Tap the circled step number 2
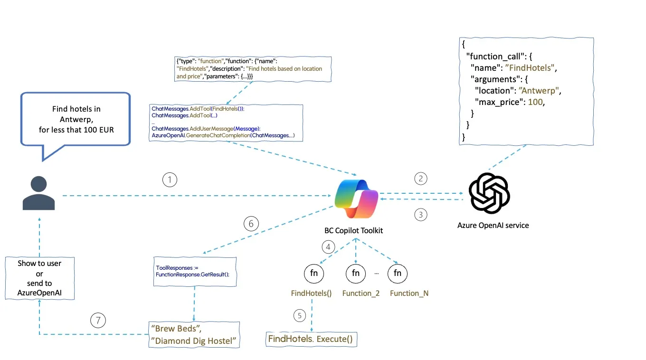(x=420, y=179)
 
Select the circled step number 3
(x=420, y=215)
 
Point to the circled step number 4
(x=328, y=246)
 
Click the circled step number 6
(x=251, y=224)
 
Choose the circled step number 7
(x=98, y=321)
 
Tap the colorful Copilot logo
(x=356, y=199)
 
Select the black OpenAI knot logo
(x=489, y=193)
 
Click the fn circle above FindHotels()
(x=313, y=273)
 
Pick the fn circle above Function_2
(x=356, y=273)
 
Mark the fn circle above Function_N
(x=398, y=273)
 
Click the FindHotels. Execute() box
(x=311, y=339)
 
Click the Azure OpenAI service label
(x=493, y=225)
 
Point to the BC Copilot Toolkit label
(x=353, y=230)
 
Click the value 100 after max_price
(x=535, y=102)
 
